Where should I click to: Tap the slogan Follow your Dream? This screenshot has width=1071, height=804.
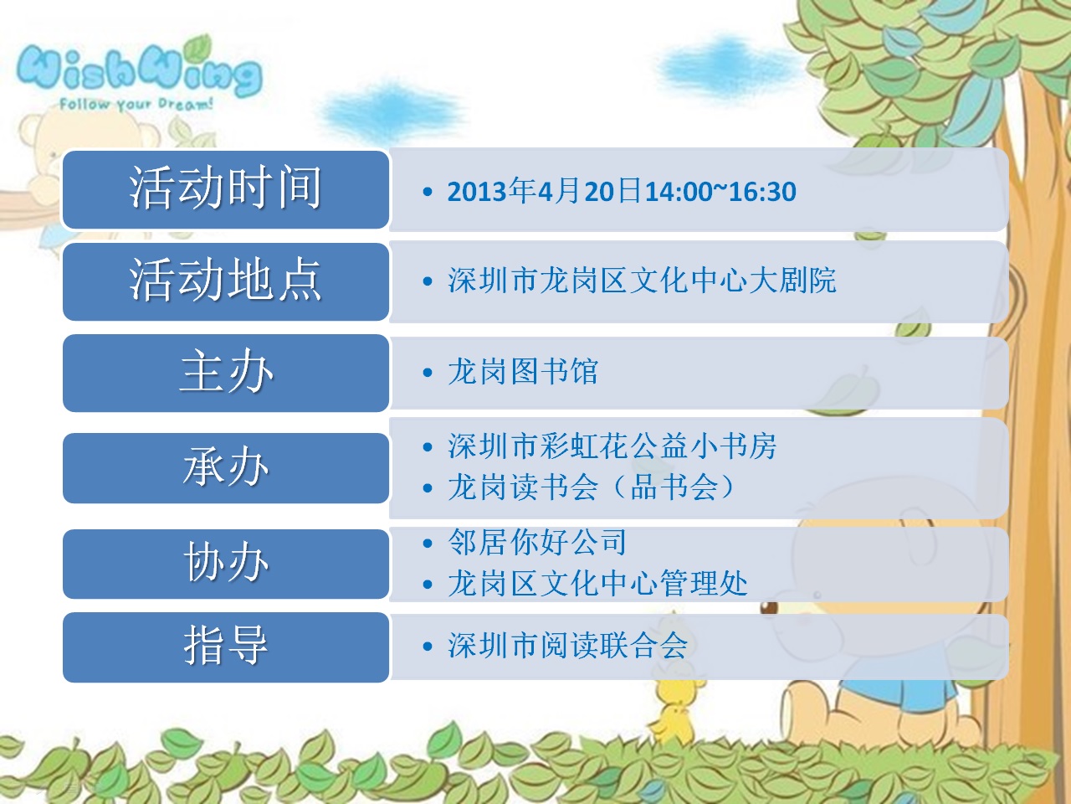pos(136,104)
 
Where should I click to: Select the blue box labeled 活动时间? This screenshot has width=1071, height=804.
pos(226,189)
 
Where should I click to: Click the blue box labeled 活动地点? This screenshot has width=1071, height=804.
pos(226,281)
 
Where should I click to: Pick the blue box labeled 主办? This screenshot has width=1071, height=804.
pos(226,373)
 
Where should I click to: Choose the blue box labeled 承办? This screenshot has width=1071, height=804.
pos(226,467)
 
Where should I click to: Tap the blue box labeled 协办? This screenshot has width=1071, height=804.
pos(226,564)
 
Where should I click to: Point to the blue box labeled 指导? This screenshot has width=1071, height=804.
pos(226,647)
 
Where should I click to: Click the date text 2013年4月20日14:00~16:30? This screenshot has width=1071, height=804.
pos(622,191)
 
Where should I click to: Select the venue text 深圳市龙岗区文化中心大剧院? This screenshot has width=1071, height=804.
pos(642,281)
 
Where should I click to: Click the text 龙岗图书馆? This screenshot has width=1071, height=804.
pos(523,372)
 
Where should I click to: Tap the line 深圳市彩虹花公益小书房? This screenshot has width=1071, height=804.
pos(612,446)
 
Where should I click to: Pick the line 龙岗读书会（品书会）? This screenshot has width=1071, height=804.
pos(592,487)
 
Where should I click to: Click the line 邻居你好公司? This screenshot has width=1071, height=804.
pos(537,543)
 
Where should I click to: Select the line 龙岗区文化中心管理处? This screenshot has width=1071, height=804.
pos(597,584)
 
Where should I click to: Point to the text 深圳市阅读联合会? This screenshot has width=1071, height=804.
pos(567,646)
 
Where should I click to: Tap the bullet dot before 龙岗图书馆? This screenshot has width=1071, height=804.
pos(428,373)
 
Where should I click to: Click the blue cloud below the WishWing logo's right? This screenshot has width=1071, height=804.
pos(391,112)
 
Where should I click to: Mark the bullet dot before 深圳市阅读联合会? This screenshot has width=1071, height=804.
pos(428,647)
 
